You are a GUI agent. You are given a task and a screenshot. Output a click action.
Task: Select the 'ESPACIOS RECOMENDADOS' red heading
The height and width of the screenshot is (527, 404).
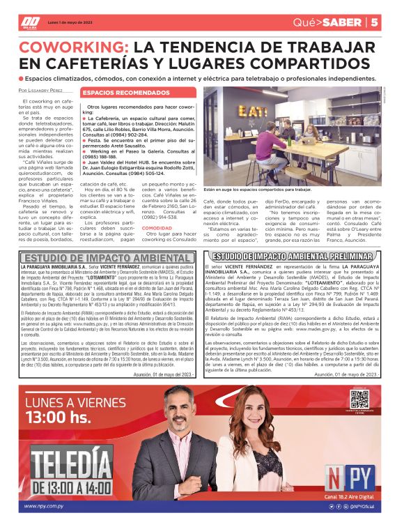[116, 92]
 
